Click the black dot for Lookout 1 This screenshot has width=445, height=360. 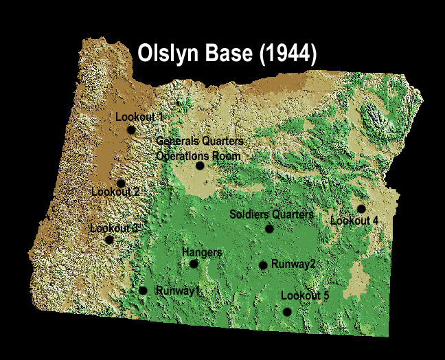point(131,130)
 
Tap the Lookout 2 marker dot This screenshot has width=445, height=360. point(121,183)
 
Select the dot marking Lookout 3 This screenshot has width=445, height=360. point(109,240)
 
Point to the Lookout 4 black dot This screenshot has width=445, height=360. point(361,209)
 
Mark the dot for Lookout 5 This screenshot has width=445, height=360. point(287,312)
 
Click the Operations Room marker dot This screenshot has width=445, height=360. point(200,166)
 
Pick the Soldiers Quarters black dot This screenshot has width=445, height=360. point(269,229)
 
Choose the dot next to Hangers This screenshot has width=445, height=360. point(194,264)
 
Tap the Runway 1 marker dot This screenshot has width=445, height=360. point(143,291)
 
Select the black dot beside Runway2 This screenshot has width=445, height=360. point(263,265)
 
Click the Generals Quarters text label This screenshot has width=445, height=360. point(199,142)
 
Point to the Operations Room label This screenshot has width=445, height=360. point(198,156)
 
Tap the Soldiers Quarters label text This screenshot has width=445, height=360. point(271,215)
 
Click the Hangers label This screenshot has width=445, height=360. point(202,253)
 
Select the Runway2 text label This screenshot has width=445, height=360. point(293,264)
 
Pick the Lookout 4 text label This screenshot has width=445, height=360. point(354,221)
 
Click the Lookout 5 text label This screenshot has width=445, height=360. point(305,295)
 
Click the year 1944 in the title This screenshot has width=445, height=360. point(284,54)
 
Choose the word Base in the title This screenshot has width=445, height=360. point(228,54)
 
